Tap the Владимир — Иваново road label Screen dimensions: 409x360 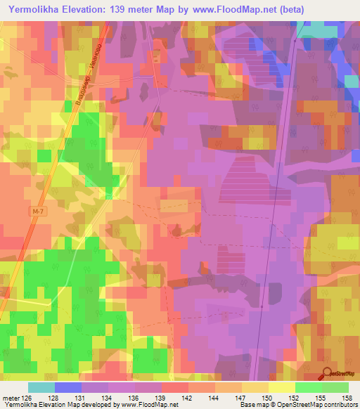pyautogui.click(x=88, y=74)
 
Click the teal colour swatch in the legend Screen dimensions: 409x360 pyautogui.click(x=41, y=387)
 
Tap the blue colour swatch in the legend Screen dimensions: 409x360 pyautogui.click(x=67, y=387)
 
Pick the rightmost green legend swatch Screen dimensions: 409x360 pyautogui.click(x=335, y=387)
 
